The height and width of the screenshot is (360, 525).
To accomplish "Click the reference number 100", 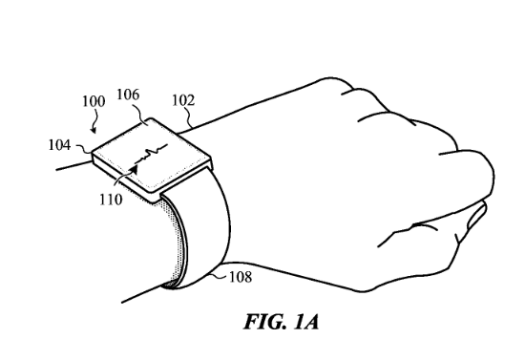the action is [x=94, y=101].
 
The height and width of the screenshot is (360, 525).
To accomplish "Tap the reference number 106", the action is [x=128, y=95].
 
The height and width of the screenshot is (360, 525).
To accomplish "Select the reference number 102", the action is [x=183, y=100].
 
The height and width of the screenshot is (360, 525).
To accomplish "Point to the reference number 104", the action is [x=59, y=145].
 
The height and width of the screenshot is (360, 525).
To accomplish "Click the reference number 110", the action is [x=111, y=200].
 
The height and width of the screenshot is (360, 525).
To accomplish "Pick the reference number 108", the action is [x=241, y=277].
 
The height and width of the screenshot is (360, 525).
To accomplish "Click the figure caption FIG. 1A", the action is [x=281, y=322].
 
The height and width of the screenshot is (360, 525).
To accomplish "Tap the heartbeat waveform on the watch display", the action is [x=151, y=155].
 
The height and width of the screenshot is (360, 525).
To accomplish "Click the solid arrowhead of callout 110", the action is [x=134, y=170].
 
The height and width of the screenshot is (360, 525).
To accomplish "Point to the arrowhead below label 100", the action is [x=94, y=130].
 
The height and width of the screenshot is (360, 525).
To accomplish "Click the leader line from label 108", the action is [x=218, y=276].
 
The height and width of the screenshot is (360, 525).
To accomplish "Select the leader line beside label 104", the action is [x=84, y=148].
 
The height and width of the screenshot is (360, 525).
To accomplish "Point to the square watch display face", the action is [x=152, y=156].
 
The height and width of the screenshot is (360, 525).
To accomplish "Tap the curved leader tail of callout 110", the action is [x=121, y=178].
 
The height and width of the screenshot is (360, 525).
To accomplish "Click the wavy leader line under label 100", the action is [x=95, y=117].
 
